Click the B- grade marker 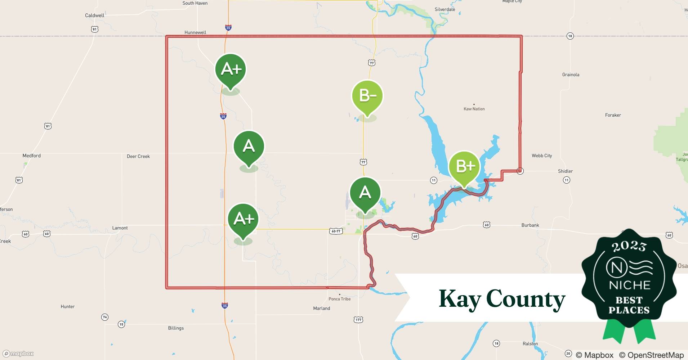pos(367,96)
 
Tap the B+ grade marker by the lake pos(464,167)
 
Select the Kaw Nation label pos(474,109)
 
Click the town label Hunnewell pos(195,32)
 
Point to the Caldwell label pos(95,15)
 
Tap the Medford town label pos(32,156)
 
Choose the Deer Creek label pos(138,156)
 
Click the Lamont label pos(120,228)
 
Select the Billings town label pos(176,328)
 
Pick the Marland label pos(321,308)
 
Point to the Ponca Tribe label pos(339,299)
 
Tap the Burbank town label pos(530,225)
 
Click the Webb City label pos(542,156)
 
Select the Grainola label pos(571,75)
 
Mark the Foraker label pos(613,115)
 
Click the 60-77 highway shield pos(335,231)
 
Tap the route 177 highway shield pos(358,320)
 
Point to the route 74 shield pos(104,317)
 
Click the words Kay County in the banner pos(502,299)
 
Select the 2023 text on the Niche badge pos(629,246)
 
